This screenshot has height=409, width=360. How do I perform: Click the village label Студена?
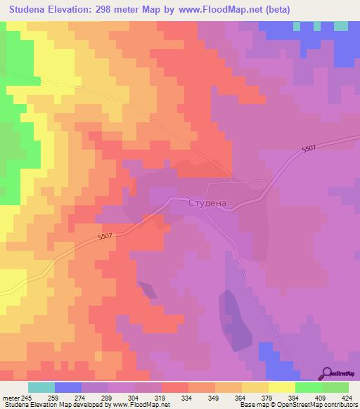pyautogui.click(x=207, y=203)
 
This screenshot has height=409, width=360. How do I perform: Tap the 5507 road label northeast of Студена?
pyautogui.click(x=309, y=150)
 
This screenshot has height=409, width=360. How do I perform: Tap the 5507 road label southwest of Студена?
pyautogui.click(x=105, y=238)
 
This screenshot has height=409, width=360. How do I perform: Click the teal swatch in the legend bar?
pyautogui.click(x=41, y=387)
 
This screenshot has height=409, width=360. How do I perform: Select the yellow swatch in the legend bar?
pyautogui.click(x=282, y=387)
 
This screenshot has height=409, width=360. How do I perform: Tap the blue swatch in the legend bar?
pyautogui.click(x=68, y=387)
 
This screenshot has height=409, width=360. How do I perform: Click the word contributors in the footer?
pyautogui.click(x=340, y=404)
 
